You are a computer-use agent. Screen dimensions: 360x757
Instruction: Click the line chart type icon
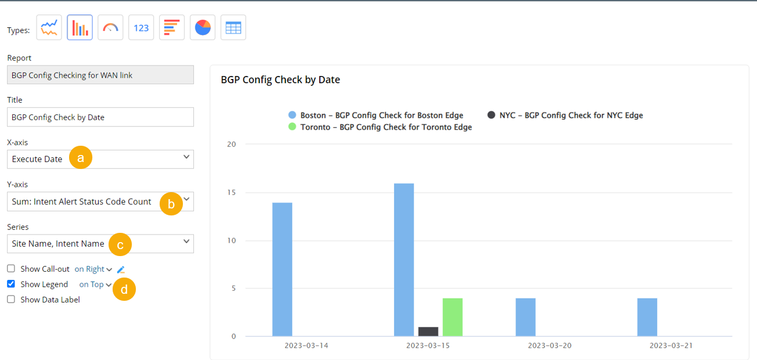[49, 28]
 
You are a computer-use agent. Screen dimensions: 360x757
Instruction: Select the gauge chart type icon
[110, 28]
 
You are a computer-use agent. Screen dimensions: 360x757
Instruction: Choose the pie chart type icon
[203, 28]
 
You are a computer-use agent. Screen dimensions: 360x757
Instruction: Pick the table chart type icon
[233, 28]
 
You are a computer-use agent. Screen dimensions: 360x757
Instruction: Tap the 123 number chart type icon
[141, 28]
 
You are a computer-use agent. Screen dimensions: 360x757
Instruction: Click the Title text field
[100, 117]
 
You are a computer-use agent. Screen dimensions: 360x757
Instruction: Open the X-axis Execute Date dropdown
[100, 159]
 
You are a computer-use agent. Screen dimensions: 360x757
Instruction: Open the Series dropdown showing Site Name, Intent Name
[100, 244]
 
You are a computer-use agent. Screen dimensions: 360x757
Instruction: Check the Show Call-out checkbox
[11, 269]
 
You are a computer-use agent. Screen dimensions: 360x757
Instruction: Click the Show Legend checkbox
[11, 285]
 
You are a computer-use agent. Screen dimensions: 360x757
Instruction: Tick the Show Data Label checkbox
[11, 300]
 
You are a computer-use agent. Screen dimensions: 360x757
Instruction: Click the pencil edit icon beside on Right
[121, 269]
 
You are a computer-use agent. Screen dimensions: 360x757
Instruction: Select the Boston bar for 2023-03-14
[282, 269]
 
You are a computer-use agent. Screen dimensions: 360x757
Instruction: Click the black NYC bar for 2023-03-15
[428, 332]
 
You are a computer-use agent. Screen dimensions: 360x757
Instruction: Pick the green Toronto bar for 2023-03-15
[453, 317]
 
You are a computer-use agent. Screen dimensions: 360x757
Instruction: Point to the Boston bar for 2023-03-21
[647, 317]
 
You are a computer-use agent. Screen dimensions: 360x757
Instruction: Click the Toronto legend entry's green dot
[292, 127]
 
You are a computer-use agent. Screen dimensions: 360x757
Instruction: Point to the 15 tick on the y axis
[232, 192]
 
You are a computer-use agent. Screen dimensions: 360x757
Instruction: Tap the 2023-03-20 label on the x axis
[550, 345]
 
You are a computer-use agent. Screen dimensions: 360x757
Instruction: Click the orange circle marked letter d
[124, 289]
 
